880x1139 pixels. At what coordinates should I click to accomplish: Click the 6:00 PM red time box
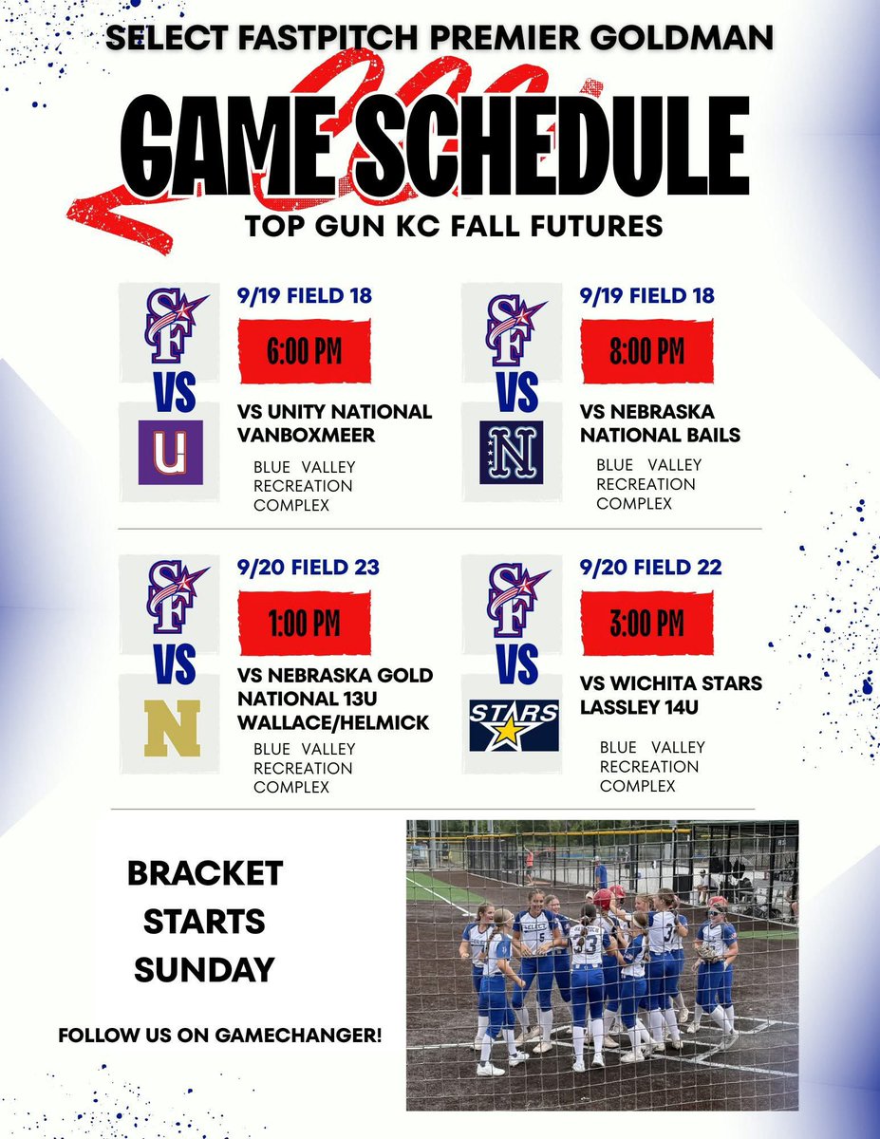tap(303, 351)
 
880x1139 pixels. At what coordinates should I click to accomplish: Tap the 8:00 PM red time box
tap(646, 351)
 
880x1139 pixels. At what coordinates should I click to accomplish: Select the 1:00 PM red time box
tap(303, 624)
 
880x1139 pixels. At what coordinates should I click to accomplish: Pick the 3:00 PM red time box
tap(646, 623)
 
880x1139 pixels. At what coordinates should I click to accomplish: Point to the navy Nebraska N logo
tap(512, 453)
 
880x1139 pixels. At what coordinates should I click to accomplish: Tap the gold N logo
tap(174, 728)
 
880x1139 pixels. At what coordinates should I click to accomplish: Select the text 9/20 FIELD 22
tap(650, 568)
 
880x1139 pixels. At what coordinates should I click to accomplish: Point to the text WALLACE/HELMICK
tap(332, 722)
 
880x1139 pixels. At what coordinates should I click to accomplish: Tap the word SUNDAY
tap(204, 969)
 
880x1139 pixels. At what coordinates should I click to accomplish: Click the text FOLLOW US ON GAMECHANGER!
tap(220, 1036)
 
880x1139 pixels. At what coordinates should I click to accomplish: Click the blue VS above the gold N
tap(175, 664)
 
